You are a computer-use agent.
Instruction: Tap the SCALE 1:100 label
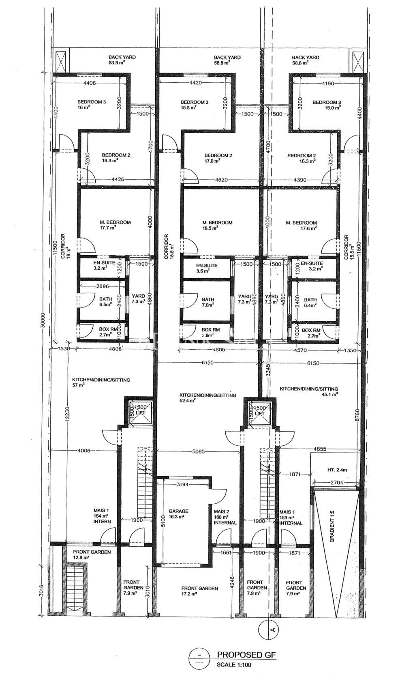coord(234,665)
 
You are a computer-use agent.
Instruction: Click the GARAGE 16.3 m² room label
coord(178,514)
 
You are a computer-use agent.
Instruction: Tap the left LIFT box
coord(139,413)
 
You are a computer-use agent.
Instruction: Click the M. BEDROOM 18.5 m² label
coord(217,225)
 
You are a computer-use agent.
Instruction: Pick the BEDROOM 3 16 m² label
coord(92,105)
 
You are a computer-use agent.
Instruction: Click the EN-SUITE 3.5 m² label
coord(207,268)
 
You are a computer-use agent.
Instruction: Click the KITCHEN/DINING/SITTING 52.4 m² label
coord(208,397)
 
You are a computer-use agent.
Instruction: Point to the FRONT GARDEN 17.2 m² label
coord(199,591)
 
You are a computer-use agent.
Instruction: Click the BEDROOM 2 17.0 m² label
coord(218,158)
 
